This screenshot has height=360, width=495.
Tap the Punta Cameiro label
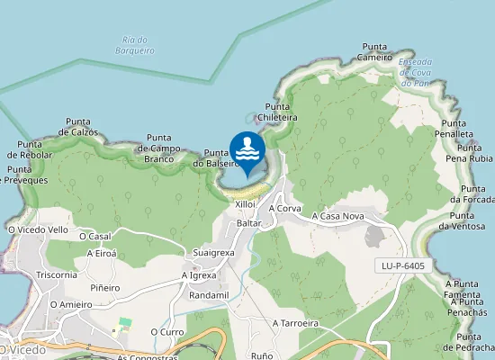(374, 51)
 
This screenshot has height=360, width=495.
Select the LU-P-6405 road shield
(402, 265)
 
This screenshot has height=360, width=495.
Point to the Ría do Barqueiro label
(138, 45)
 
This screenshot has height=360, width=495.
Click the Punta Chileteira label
(281, 112)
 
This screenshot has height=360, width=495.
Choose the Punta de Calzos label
(78, 127)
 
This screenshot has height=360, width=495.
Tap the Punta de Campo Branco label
(158, 148)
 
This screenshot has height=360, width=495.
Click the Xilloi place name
(246, 204)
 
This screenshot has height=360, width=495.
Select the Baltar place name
(249, 222)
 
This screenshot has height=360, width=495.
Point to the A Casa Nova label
(337, 216)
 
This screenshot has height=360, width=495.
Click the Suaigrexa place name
(213, 253)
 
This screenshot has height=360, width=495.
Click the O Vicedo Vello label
(38, 229)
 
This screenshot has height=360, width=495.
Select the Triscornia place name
(56, 274)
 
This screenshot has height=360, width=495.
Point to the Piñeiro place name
(105, 288)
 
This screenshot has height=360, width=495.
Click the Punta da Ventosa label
(462, 220)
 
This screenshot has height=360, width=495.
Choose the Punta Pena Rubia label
(469, 152)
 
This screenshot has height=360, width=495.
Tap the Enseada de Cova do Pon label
(414, 72)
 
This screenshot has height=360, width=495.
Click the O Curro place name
(167, 331)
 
